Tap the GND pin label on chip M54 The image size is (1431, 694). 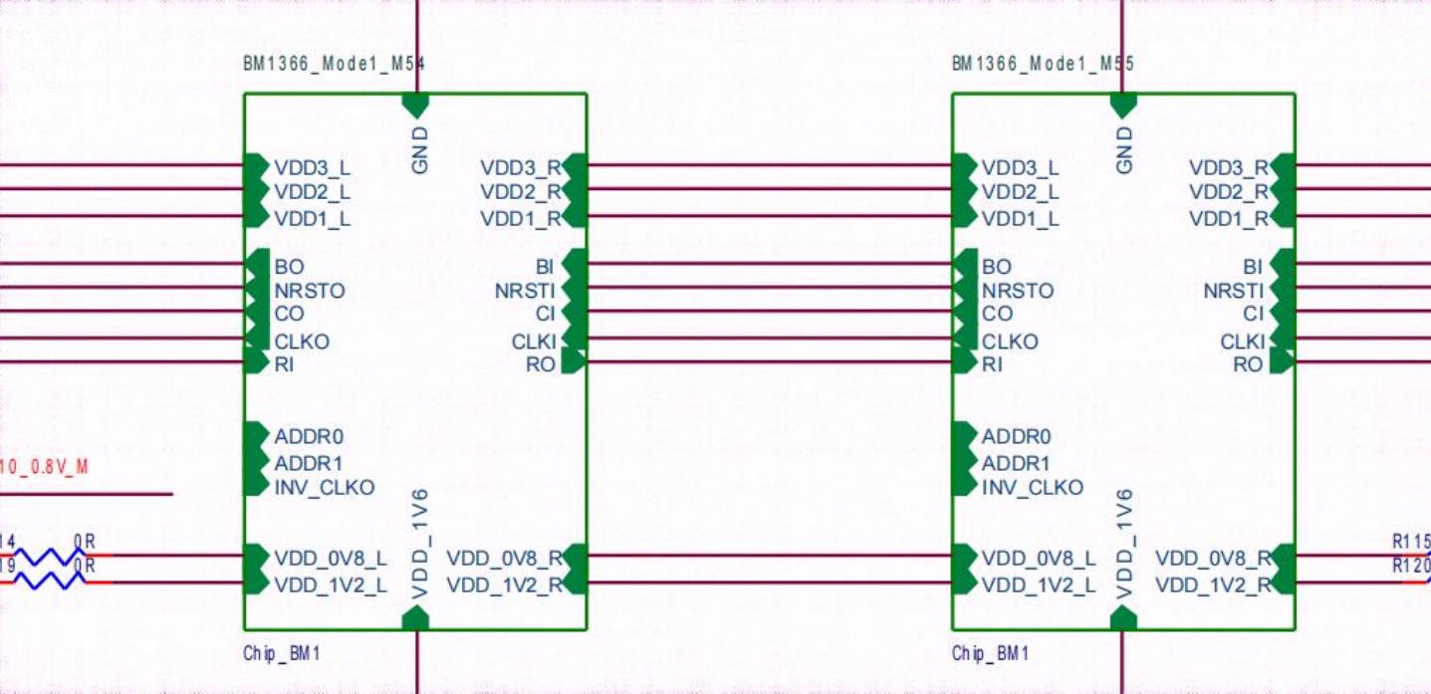pos(420,150)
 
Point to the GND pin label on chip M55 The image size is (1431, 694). pos(1125,150)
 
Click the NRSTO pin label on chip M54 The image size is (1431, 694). pos(310,292)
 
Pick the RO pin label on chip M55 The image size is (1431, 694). pos(1248,365)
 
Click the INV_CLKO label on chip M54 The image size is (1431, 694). pos(325,488)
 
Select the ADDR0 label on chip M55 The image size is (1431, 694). pos(1016,437)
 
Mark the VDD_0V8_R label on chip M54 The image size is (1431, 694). pos(504,558)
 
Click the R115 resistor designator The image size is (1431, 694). pos(1411,543)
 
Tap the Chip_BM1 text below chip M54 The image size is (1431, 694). pos(282,654)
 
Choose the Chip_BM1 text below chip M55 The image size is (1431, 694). pos(990,654)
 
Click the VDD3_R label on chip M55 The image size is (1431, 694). pos(1229,168)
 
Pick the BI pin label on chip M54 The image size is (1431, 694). pos(545,267)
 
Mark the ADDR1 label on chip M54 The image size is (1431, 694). pos(309,464)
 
